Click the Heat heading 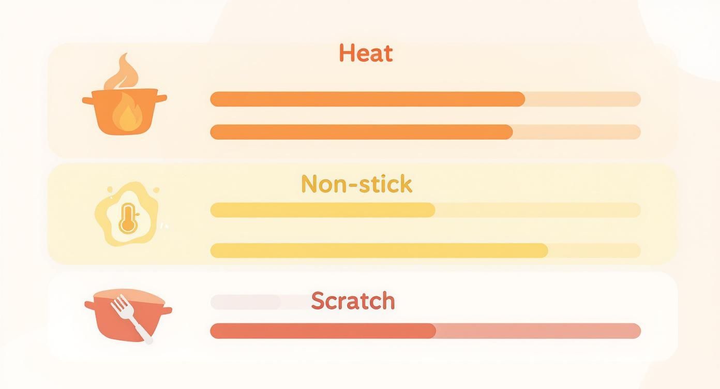(x=366, y=53)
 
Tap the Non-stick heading (x=356, y=184)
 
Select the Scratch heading (x=353, y=301)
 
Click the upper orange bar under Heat (x=367, y=99)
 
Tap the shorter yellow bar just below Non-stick (x=322, y=210)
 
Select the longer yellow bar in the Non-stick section (x=379, y=250)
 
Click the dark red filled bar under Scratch (x=322, y=331)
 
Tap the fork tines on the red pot (x=119, y=303)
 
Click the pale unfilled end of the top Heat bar (x=582, y=99)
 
